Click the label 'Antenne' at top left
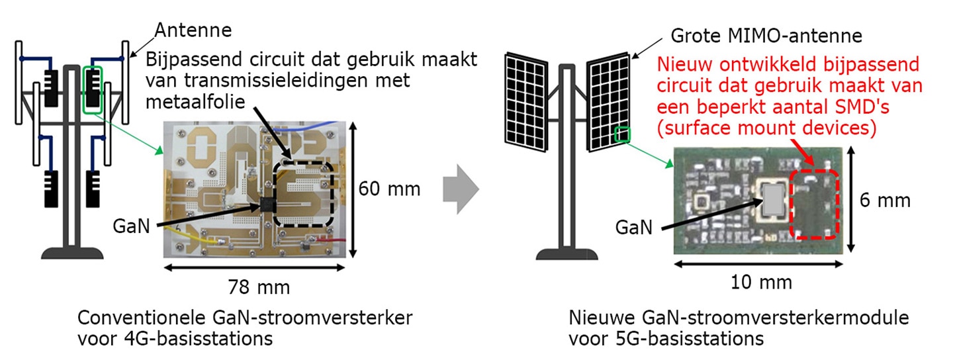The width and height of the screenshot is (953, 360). [x=193, y=30]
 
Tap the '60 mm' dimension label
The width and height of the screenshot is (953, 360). [x=389, y=189]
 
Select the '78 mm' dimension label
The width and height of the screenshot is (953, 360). [x=259, y=287]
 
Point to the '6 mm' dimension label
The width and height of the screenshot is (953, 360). [x=885, y=201]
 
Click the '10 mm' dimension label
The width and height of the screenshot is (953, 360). [x=761, y=283]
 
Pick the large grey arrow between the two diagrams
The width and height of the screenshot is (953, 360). [x=461, y=189]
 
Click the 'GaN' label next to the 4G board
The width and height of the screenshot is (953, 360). [x=132, y=226]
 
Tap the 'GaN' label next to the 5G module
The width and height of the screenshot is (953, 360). [x=634, y=228]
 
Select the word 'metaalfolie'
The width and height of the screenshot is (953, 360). [x=195, y=102]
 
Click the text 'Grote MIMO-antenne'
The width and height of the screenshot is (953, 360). [x=766, y=36]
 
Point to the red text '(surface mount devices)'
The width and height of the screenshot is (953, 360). [x=766, y=128]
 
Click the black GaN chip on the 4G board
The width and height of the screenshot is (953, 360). [x=267, y=205]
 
